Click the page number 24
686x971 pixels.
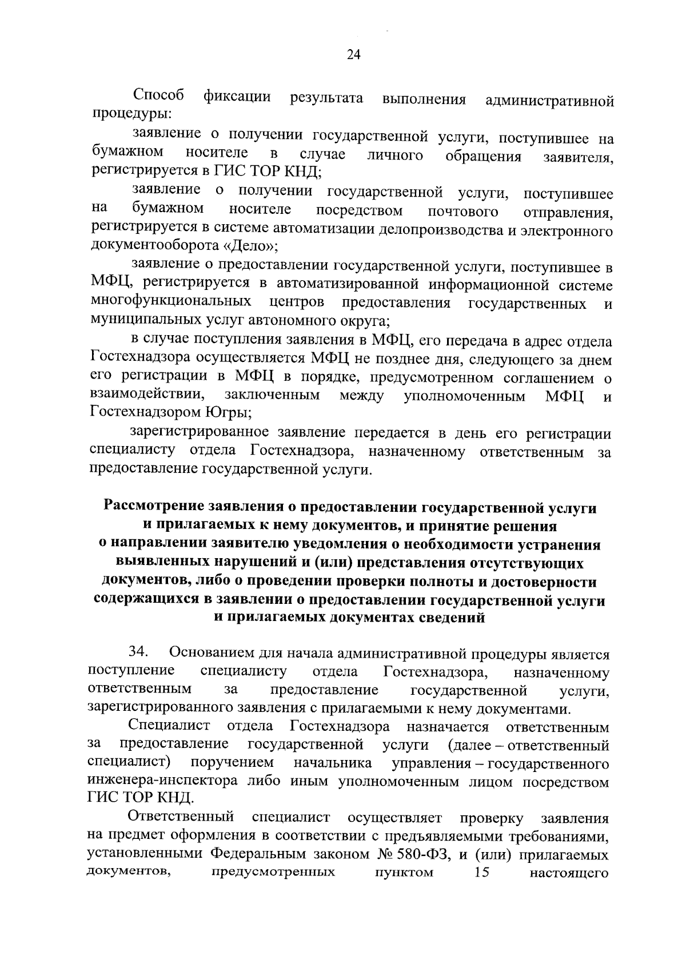coord(353,55)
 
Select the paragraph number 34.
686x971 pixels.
coord(138,652)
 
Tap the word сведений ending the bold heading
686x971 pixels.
coord(453,618)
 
